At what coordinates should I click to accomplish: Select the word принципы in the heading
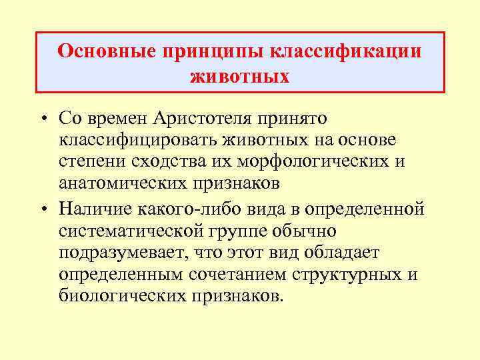(x=208, y=51)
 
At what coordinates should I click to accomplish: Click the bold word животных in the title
(x=240, y=77)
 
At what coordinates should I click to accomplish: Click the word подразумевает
(x=125, y=253)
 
